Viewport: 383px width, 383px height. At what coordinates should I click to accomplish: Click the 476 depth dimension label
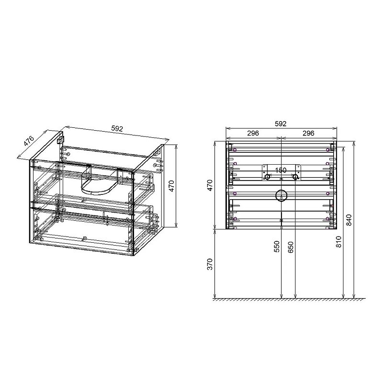click(29, 141)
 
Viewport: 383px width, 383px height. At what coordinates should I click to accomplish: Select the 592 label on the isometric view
click(117, 128)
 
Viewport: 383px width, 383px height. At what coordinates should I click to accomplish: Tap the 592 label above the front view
click(281, 124)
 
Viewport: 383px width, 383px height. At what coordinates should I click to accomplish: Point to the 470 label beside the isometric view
click(172, 186)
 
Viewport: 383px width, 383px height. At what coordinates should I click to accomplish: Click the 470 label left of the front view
click(210, 185)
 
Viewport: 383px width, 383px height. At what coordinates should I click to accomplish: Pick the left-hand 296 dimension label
click(253, 134)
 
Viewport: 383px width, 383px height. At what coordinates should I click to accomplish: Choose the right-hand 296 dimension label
click(308, 134)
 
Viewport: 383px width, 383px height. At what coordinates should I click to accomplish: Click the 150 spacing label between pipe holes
click(281, 170)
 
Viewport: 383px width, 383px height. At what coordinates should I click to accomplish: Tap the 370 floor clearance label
click(210, 264)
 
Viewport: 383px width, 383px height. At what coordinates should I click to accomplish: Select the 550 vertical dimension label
click(277, 247)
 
